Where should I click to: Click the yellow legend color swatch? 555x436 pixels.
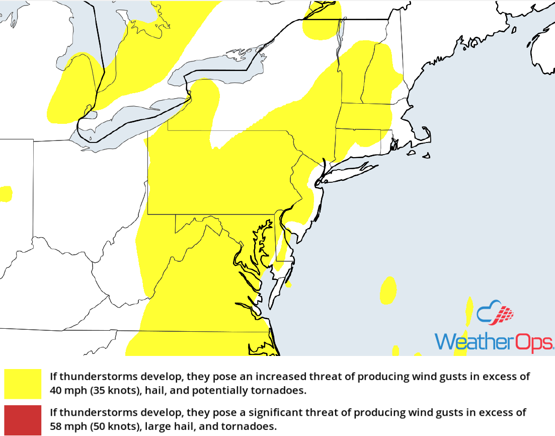23,384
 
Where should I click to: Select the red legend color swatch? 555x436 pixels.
23,420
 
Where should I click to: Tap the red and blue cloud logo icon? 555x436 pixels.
496,314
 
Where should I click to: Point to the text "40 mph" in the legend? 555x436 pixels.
65,390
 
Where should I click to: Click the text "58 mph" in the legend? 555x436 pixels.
65,426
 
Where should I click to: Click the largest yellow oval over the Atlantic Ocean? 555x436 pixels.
387,291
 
